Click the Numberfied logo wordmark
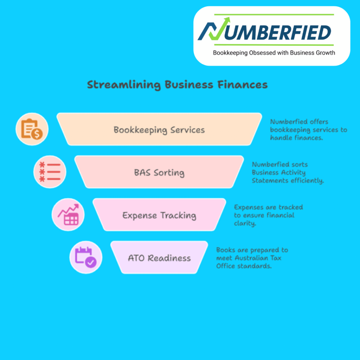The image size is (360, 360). (x=264, y=32)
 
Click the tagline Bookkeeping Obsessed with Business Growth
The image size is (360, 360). (x=274, y=53)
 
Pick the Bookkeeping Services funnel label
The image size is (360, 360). (x=159, y=130)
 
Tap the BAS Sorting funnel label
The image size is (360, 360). (x=159, y=173)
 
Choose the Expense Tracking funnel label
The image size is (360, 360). (x=159, y=215)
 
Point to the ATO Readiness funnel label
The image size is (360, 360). (x=159, y=258)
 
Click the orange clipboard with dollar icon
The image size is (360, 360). (x=32, y=129)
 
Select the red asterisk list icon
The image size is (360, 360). (x=50, y=172)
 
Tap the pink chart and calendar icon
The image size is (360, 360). (x=68, y=214)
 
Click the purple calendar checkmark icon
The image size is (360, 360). (x=85, y=257)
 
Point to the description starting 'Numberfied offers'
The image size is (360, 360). (x=308, y=130)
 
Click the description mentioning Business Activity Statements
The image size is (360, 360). (x=288, y=173)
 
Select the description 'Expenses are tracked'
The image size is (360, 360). (x=268, y=215)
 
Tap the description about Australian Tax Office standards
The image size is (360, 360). (x=252, y=258)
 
